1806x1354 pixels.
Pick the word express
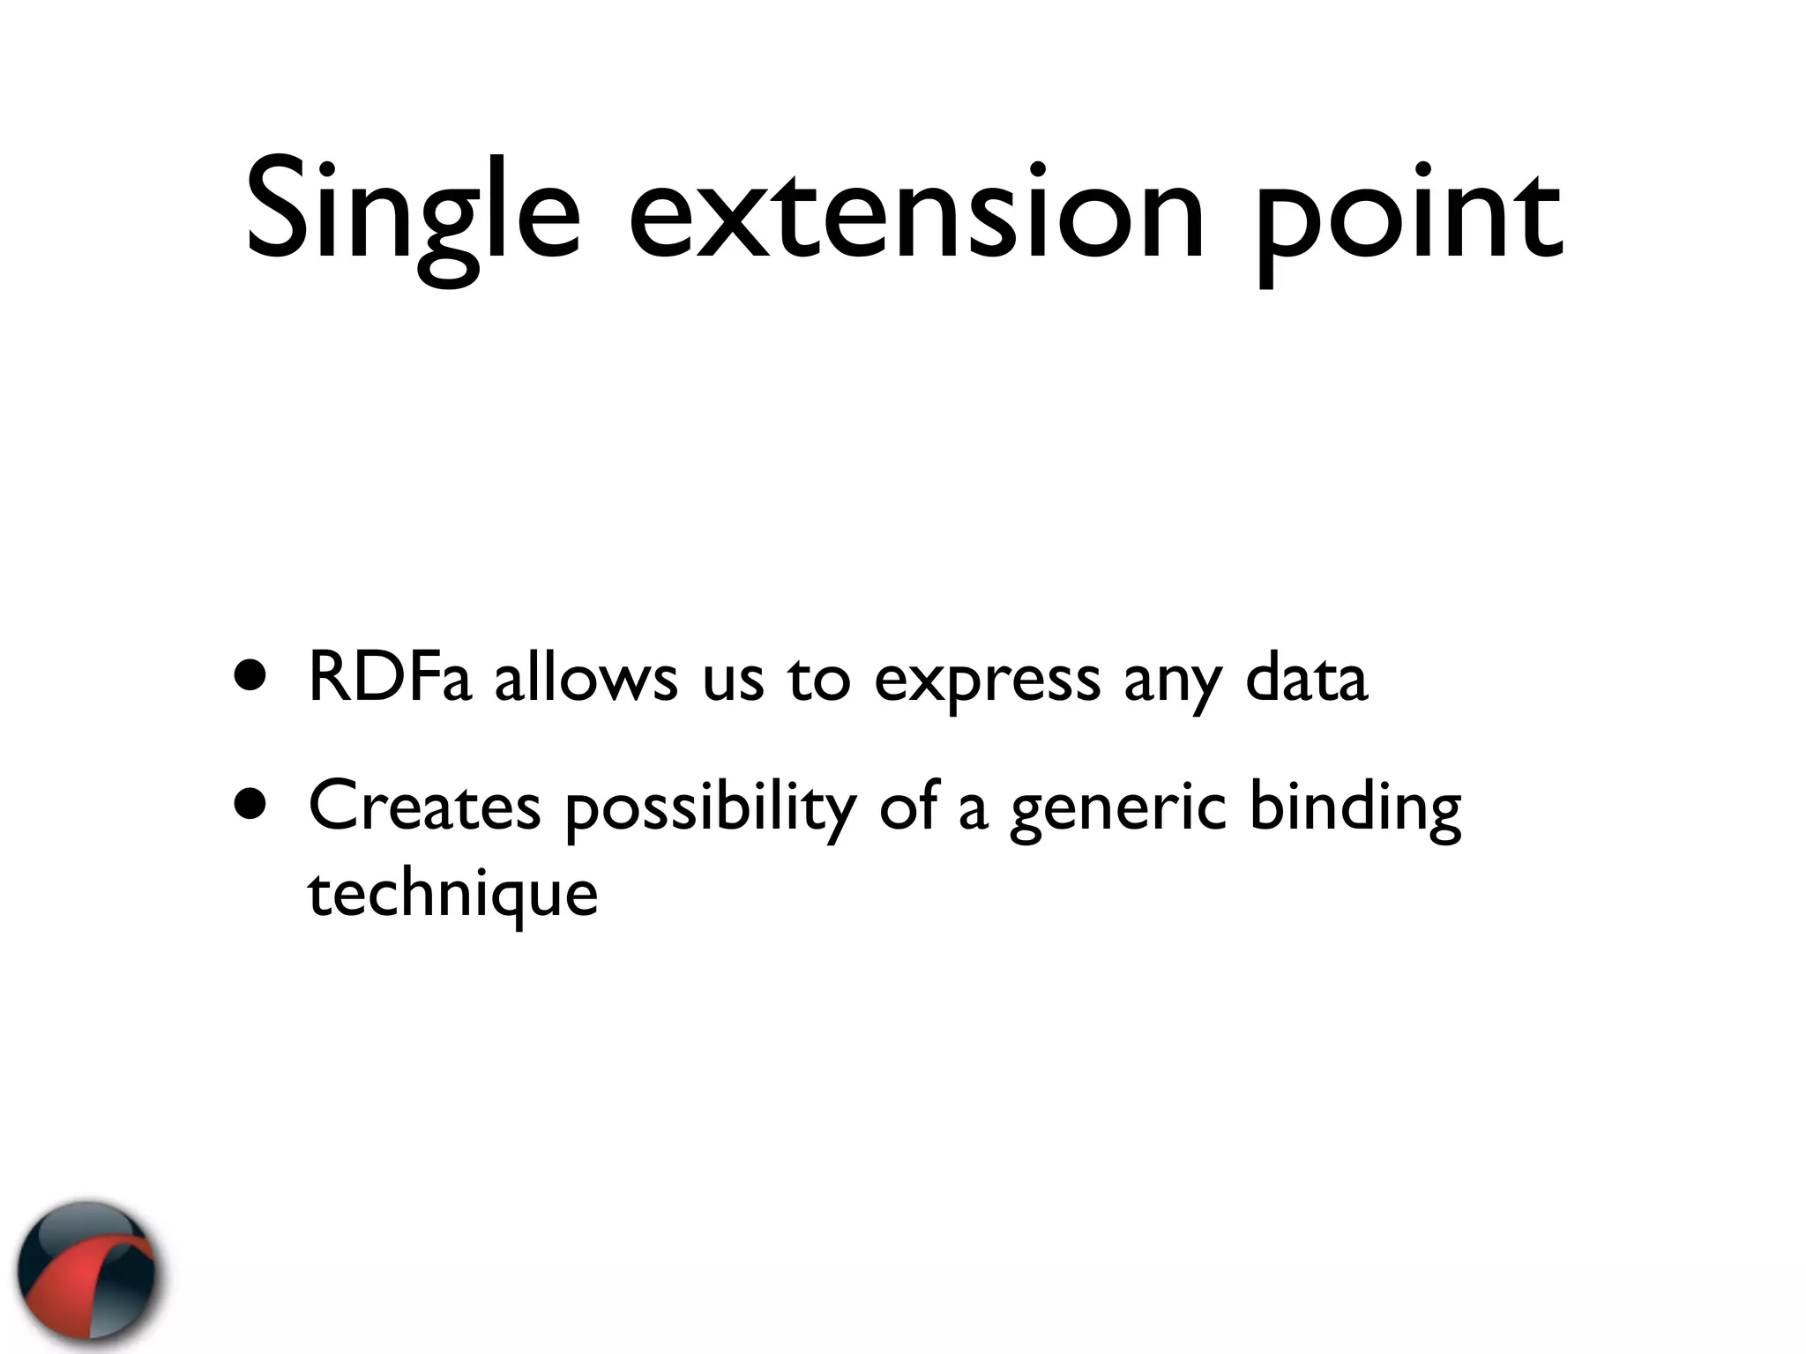[x=987, y=683]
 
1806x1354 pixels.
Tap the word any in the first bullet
[x=1172, y=686]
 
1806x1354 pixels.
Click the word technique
[x=452, y=896]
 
